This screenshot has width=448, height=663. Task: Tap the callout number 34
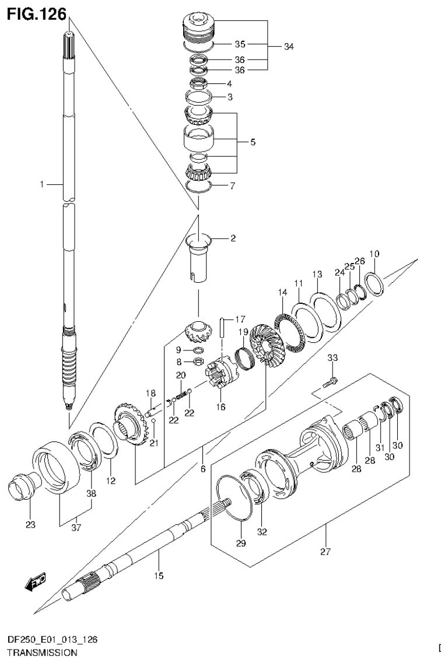coord(289,47)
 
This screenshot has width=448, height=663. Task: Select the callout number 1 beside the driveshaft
coord(42,185)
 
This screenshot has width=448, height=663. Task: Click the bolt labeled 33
coord(331,382)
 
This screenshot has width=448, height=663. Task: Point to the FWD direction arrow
coord(36,581)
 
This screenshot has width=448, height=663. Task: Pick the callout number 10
coord(374,254)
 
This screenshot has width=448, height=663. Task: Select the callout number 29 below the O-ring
coord(241,543)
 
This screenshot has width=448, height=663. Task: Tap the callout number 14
coord(282,292)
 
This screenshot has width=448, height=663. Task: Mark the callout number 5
coord(252,142)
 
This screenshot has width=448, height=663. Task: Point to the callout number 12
coord(111,481)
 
